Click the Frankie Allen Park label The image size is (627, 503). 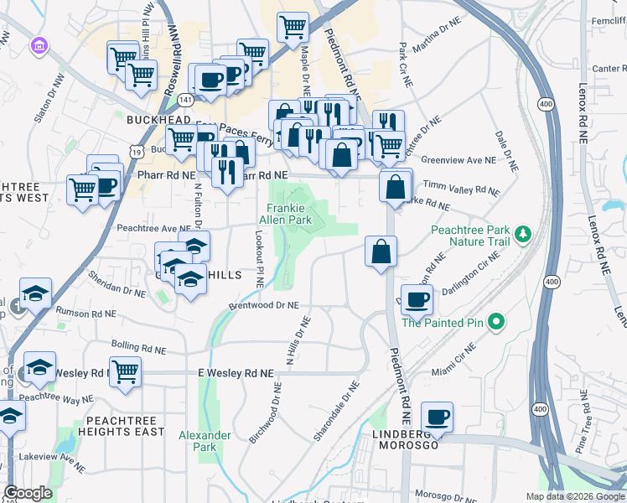tap(289, 214)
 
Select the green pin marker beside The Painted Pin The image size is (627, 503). tap(495, 321)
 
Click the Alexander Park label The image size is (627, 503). tap(205, 441)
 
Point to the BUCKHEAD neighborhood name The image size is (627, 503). tap(159, 120)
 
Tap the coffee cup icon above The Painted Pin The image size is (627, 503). tap(417, 298)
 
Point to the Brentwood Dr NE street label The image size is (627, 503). tap(265, 307)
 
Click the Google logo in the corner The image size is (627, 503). tap(28, 493)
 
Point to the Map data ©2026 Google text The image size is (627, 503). tap(574, 496)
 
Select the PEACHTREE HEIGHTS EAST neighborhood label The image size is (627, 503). tap(120, 425)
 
